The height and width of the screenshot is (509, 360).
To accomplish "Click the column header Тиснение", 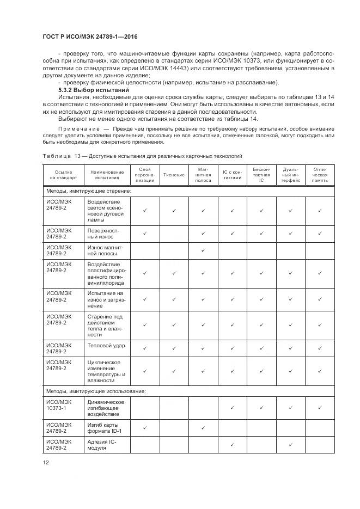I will tap(174, 175).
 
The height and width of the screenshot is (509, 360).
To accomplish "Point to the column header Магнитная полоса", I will tap(203, 175).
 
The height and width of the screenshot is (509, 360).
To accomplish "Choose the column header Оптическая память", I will tap(320, 175).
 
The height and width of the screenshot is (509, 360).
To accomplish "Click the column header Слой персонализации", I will tap(144, 175).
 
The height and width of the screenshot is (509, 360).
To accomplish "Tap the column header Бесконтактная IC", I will tap(261, 175).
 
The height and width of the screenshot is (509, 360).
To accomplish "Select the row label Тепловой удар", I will tap(106, 345).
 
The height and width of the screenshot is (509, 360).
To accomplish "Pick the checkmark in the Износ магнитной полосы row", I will tap(203, 250).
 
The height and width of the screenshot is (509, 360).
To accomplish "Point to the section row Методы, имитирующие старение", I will tap(88, 191).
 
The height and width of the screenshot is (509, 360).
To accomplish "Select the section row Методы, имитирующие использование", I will tap(95, 390).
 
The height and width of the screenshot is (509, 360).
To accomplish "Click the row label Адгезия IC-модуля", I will tap(102, 445).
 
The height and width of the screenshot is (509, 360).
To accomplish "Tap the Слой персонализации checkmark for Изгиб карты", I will tap(144, 427).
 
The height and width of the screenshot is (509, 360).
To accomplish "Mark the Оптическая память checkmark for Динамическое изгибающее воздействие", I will tap(320, 407).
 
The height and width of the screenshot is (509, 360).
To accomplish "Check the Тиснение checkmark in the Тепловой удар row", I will tap(174, 348).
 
